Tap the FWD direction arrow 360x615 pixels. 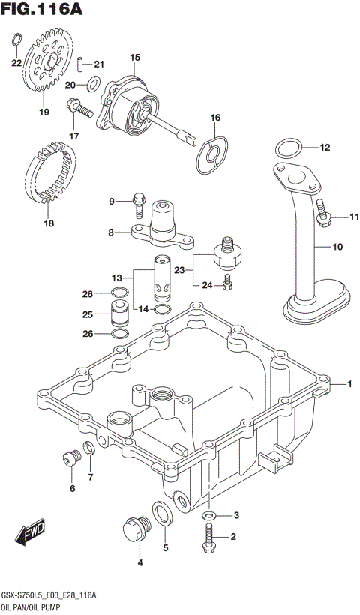pyautogui.click(x=30, y=535)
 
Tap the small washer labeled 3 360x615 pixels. pyautogui.click(x=211, y=515)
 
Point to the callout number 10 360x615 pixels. pyautogui.click(x=337, y=246)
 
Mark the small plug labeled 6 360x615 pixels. pyautogui.click(x=72, y=460)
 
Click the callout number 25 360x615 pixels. pyautogui.click(x=88, y=313)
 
